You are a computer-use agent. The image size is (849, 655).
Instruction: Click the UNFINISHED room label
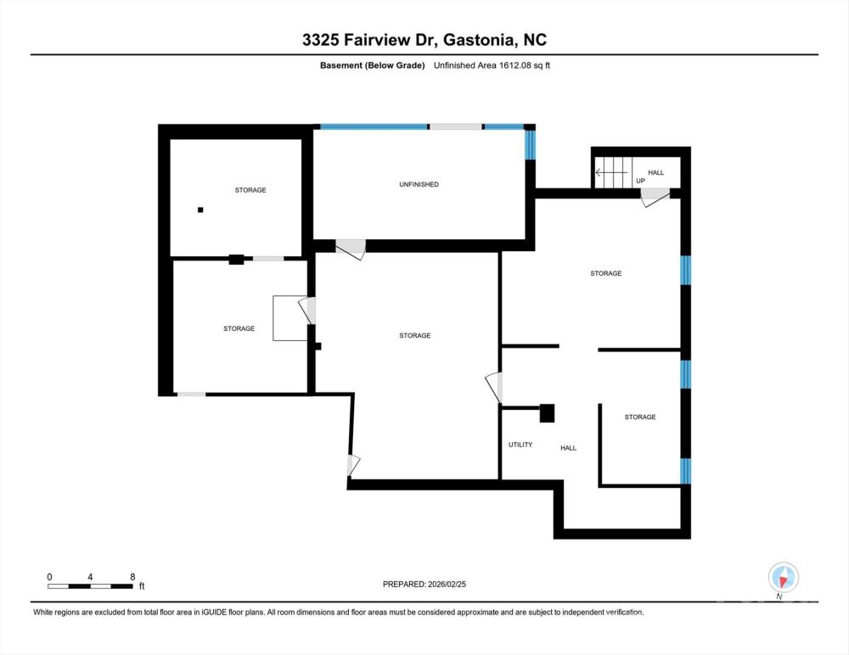coord(419,184)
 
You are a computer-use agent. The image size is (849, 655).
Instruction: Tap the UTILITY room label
coord(520,445)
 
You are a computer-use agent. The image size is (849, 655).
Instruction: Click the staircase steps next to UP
coord(614,173)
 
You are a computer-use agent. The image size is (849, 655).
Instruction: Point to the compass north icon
coord(783,578)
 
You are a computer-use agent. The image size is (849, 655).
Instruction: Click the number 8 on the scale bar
coord(132,577)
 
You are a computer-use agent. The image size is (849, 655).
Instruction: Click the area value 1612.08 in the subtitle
coord(514,65)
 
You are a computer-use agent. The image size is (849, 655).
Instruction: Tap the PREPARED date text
coord(424,584)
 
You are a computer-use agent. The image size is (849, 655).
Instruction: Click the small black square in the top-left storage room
coord(200,210)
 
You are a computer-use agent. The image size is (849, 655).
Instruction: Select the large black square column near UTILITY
coord(548,413)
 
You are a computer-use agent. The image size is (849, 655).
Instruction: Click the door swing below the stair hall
coord(654,197)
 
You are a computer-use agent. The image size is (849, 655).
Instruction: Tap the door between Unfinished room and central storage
coord(351,249)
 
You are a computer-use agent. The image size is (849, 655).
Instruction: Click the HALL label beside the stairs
coord(655,172)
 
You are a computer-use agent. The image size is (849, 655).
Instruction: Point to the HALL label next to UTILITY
coord(568,448)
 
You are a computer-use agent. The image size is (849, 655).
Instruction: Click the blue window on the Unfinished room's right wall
coord(530,145)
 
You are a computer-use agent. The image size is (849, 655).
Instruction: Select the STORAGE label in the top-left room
coord(250,190)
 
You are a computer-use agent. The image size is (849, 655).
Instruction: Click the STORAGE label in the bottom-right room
coord(640,417)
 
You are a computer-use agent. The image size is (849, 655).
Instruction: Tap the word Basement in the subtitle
coord(341,65)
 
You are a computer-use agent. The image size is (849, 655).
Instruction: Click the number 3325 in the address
coord(321,40)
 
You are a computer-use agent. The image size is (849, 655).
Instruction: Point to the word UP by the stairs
coord(640,181)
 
